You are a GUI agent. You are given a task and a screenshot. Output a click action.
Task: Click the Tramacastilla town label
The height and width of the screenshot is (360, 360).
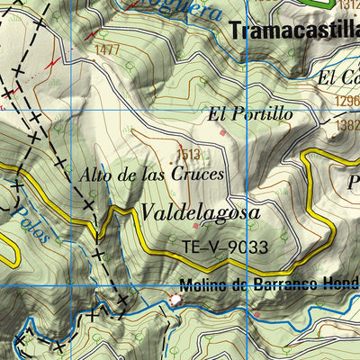point(294,30)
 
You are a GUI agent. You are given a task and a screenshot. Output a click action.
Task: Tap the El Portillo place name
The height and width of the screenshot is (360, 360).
point(250,114)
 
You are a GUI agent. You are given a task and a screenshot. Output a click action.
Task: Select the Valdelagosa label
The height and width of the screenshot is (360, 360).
point(199,212)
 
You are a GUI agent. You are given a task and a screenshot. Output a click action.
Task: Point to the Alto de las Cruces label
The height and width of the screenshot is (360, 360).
point(150,175)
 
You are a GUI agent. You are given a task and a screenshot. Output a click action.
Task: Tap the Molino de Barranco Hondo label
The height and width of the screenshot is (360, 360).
point(269,287)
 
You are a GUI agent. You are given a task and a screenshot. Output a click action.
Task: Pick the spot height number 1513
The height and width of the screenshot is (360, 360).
point(188,154)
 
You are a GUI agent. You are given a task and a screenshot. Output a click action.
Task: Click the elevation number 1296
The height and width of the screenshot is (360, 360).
point(348,102)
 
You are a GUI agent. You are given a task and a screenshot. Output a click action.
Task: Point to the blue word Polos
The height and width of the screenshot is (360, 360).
point(31,220)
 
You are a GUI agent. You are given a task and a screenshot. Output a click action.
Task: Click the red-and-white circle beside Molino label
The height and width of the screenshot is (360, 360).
point(175,299)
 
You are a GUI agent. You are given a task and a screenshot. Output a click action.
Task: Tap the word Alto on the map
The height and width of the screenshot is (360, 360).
point(94,175)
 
